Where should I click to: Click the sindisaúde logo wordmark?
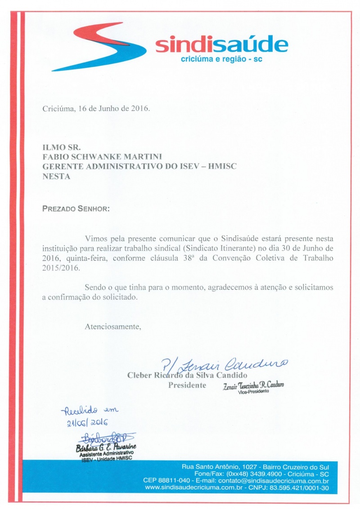(x=221, y=45)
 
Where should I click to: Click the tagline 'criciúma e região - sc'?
(x=221, y=59)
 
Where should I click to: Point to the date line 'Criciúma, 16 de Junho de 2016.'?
(x=96, y=108)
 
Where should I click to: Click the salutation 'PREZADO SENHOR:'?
(x=76, y=209)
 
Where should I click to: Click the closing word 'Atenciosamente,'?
(x=113, y=327)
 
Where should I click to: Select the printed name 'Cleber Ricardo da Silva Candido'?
(x=188, y=375)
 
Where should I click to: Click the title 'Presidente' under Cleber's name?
(x=187, y=385)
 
